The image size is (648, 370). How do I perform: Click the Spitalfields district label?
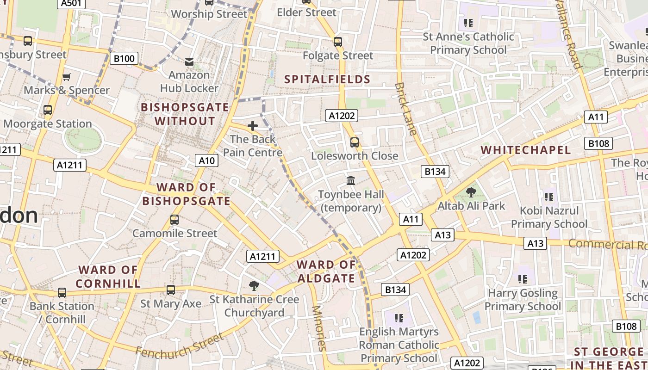327,80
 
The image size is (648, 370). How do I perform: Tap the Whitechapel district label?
525,150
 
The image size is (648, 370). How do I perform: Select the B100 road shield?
124,58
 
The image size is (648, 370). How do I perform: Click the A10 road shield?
206,160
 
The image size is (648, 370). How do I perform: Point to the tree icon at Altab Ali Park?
471,192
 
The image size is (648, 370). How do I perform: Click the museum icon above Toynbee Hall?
351,180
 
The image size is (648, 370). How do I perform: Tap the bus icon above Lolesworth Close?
355,142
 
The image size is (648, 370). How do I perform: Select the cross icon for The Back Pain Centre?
253,126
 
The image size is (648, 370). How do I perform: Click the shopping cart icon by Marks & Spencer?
67,77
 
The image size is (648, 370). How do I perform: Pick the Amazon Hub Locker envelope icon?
189,62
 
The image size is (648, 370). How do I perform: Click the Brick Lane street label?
406,109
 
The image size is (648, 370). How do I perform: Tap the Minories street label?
319,328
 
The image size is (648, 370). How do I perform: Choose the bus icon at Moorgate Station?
47,110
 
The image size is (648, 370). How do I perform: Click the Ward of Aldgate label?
326,271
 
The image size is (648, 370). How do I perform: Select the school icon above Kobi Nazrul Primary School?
549,197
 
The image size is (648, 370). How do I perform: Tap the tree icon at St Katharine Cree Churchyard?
254,286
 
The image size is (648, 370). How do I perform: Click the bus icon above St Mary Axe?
171,290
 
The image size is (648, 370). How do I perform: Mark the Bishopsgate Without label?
185,114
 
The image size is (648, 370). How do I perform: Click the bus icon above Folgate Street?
338,42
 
